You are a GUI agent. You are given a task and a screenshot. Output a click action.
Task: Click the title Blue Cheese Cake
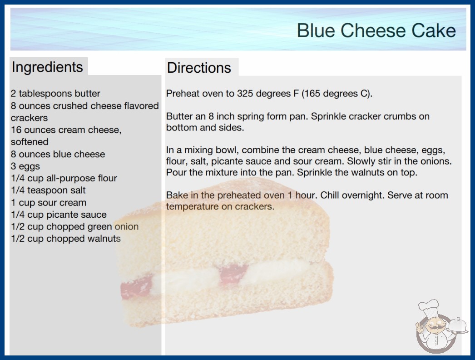coord(376,30)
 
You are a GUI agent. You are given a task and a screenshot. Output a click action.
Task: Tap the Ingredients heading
coord(47,67)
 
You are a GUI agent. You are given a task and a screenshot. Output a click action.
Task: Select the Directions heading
coord(199,68)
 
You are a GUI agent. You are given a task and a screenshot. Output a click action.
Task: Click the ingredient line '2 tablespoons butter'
coord(55,94)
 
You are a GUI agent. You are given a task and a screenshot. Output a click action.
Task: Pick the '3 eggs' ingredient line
coord(25,166)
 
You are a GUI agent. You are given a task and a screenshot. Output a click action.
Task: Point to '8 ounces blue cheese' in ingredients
coord(58,154)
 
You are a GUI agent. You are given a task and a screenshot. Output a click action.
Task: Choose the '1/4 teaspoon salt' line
coord(49,190)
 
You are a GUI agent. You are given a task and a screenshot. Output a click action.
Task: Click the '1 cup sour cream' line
coord(49,202)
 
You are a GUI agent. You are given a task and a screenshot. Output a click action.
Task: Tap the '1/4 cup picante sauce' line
coord(59,215)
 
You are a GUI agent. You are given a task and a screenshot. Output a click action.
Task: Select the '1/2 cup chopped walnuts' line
coord(66,239)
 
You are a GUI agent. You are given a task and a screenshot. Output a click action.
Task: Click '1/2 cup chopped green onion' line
coord(75,226)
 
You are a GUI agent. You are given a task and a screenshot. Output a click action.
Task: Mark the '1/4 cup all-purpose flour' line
coord(64,178)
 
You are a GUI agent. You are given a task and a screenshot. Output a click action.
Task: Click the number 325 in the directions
coord(245,94)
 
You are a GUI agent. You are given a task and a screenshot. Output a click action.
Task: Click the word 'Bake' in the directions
coord(177,195)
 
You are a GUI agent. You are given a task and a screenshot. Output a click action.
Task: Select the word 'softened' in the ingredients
coord(30,142)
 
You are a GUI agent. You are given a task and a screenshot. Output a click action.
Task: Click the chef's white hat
coord(429,307)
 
